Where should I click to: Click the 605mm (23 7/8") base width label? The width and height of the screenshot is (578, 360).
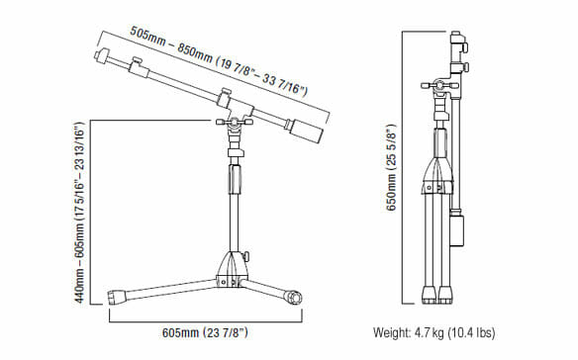205,332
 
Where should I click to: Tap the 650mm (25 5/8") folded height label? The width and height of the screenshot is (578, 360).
391,168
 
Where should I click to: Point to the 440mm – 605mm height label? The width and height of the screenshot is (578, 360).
79,212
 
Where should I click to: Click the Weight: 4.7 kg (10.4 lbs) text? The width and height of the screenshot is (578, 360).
433,332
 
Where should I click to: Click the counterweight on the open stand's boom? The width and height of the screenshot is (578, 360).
307,132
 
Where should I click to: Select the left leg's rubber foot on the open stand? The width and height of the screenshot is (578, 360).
117,297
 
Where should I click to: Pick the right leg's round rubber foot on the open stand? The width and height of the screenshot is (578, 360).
294,297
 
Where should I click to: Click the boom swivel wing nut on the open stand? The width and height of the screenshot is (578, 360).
235,122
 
